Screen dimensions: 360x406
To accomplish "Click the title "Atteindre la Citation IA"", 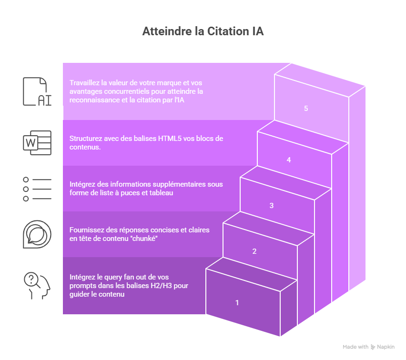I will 203,32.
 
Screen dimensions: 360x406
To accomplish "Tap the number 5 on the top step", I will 306,109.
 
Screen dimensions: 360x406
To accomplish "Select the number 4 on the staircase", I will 289,160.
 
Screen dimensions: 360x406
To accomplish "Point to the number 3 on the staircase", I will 272,206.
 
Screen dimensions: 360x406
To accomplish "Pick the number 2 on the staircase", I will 254,251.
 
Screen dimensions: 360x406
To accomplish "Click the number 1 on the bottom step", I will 237,302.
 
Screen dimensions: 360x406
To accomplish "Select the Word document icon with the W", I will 37,142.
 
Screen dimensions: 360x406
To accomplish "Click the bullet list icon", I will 37,189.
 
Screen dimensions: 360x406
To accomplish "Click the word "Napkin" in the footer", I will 386,347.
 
